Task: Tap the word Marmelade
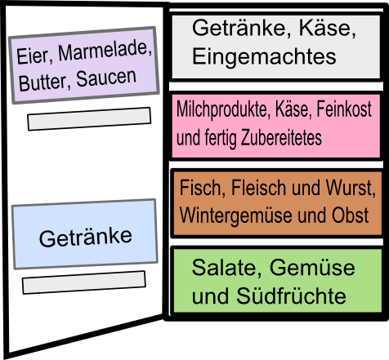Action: click(x=105, y=51)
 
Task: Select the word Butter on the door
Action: click(x=42, y=82)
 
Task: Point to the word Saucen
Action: click(x=106, y=78)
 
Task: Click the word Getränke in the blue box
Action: click(x=86, y=238)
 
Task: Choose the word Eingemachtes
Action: click(x=264, y=56)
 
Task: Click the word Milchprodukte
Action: click(x=222, y=109)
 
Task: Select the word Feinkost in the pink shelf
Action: click(x=344, y=109)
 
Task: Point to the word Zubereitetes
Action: click(x=281, y=137)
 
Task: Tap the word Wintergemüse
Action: click(x=236, y=216)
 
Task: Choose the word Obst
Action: click(x=350, y=215)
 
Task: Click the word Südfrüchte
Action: click(x=291, y=296)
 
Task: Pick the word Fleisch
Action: click(x=259, y=188)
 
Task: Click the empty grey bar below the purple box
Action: click(x=89, y=119)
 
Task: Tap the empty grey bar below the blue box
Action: click(x=84, y=282)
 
